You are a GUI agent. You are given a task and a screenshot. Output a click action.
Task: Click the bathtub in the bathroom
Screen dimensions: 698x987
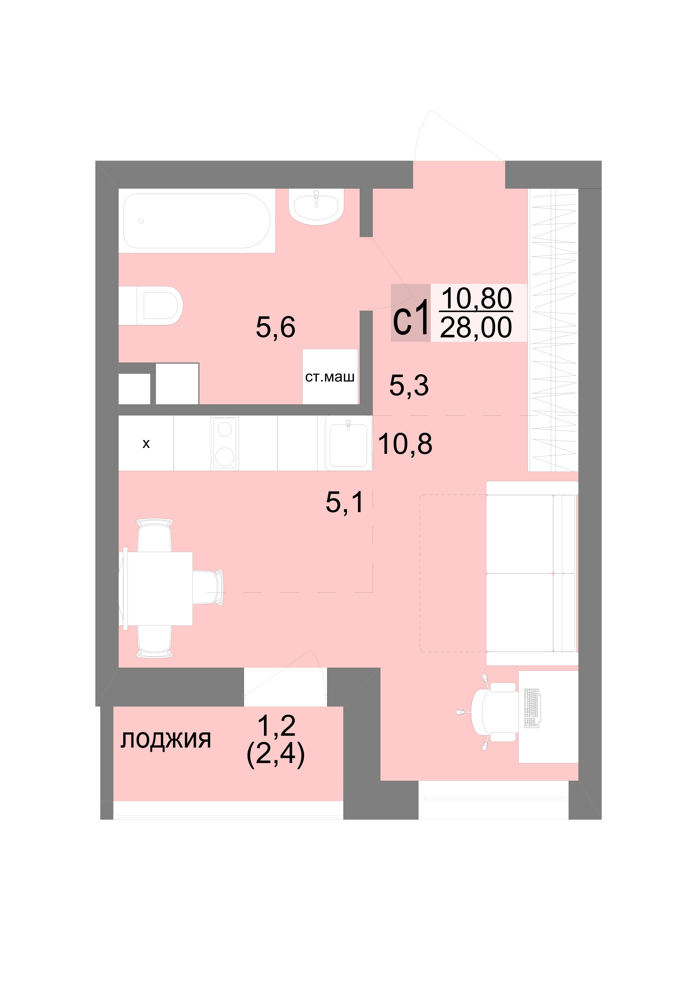tap(197, 221)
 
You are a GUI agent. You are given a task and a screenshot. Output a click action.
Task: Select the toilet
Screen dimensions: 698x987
tap(151, 305)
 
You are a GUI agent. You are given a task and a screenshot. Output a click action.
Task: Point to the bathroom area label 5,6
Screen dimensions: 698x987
tap(275, 327)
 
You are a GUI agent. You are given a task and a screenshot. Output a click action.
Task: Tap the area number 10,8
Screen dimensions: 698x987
tap(405, 444)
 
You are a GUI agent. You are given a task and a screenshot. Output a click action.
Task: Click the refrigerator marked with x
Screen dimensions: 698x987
tap(146, 443)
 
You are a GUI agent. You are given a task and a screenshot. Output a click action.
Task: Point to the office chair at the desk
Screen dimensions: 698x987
tap(493, 712)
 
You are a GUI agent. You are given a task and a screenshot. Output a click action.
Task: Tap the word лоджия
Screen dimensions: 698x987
tap(165, 740)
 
